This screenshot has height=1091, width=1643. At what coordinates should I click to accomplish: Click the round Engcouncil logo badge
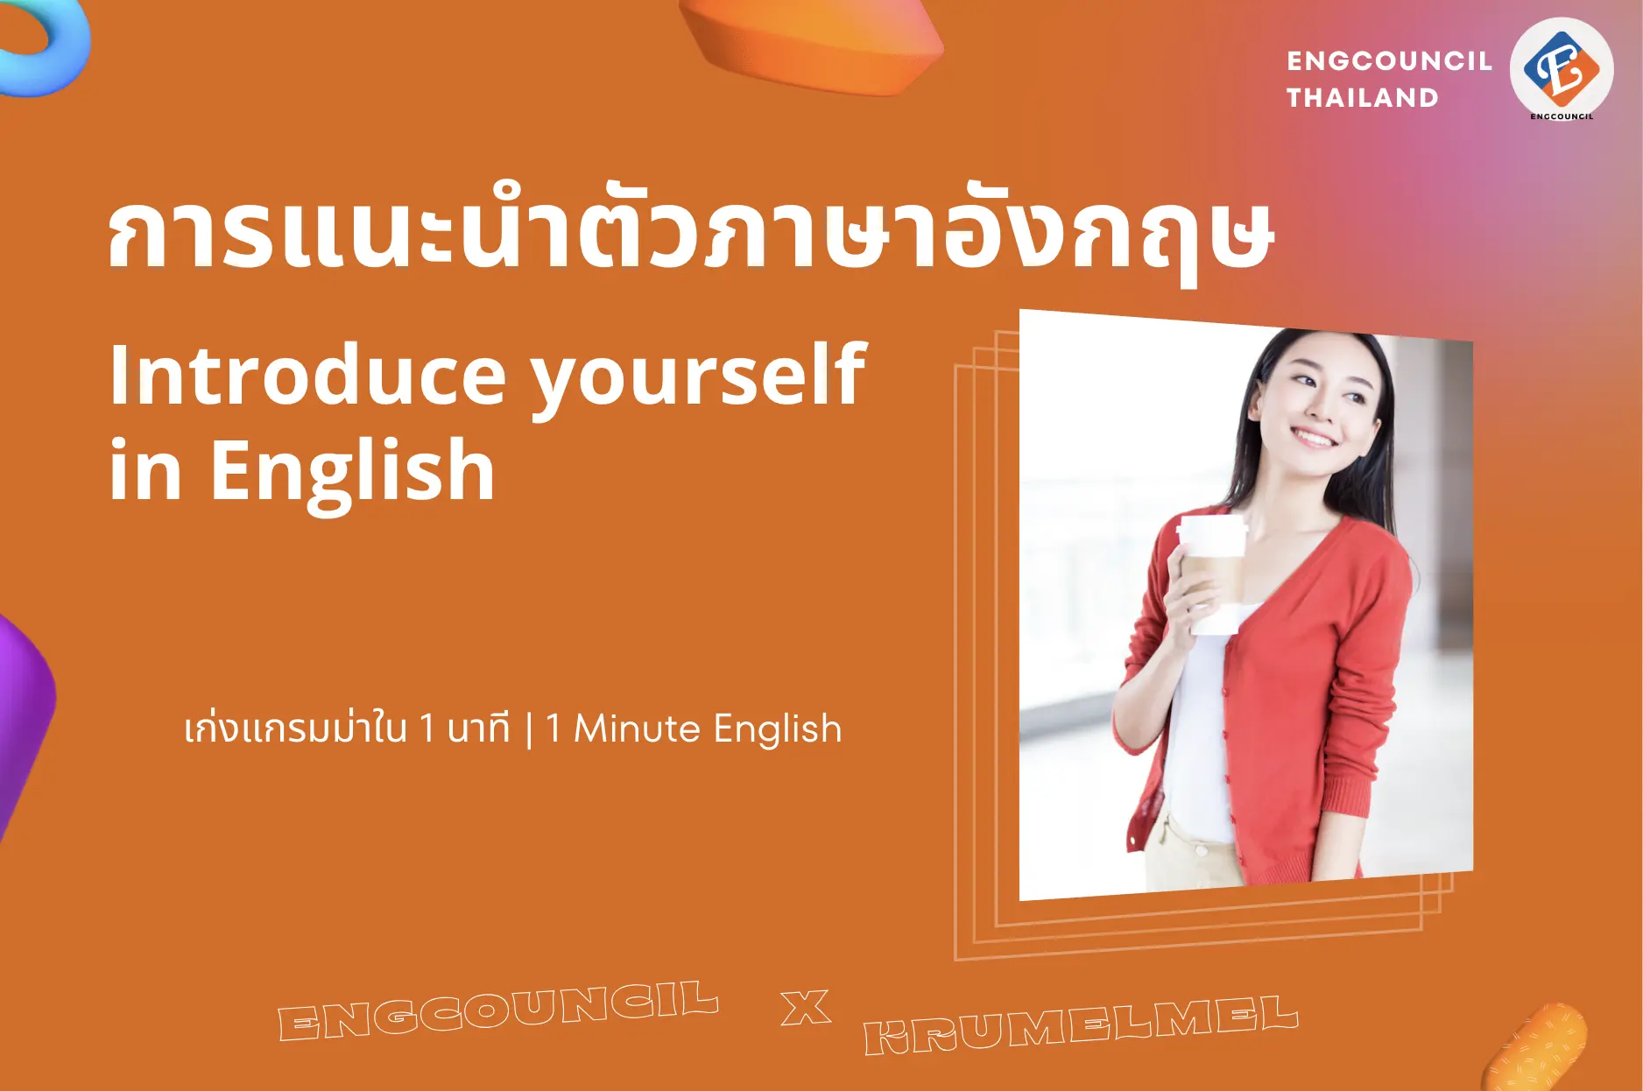point(1562,69)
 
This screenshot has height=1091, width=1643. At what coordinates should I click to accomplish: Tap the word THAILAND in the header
point(1362,97)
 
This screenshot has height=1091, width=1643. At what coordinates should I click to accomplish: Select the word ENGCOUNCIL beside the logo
point(1389,60)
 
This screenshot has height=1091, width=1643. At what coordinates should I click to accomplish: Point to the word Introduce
point(307,376)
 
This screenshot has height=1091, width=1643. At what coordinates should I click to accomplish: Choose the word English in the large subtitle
point(352,473)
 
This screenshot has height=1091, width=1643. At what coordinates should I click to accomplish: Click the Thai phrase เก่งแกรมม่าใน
point(295,729)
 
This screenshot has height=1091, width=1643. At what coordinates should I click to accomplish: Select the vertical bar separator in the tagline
point(529,730)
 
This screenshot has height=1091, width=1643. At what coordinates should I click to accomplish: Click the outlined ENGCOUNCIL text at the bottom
point(497,1010)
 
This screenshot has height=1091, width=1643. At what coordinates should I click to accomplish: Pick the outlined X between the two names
point(805,1008)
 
